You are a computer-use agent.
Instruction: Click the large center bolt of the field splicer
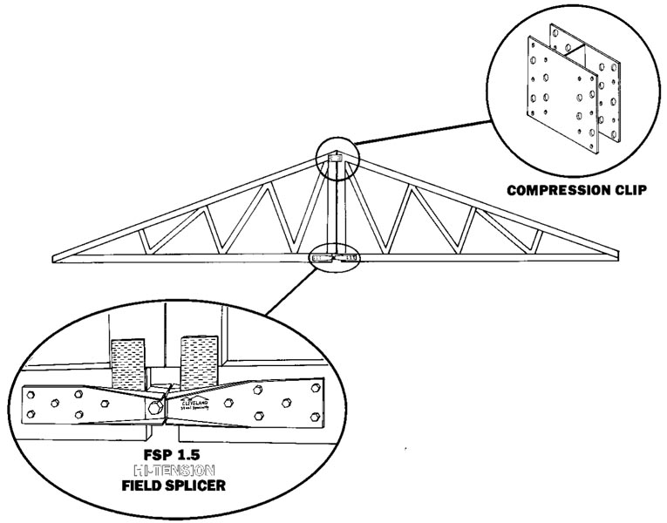click(x=154, y=407)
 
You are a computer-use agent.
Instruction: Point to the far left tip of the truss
click(x=54, y=257)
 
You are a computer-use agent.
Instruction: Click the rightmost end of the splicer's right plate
click(x=321, y=401)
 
